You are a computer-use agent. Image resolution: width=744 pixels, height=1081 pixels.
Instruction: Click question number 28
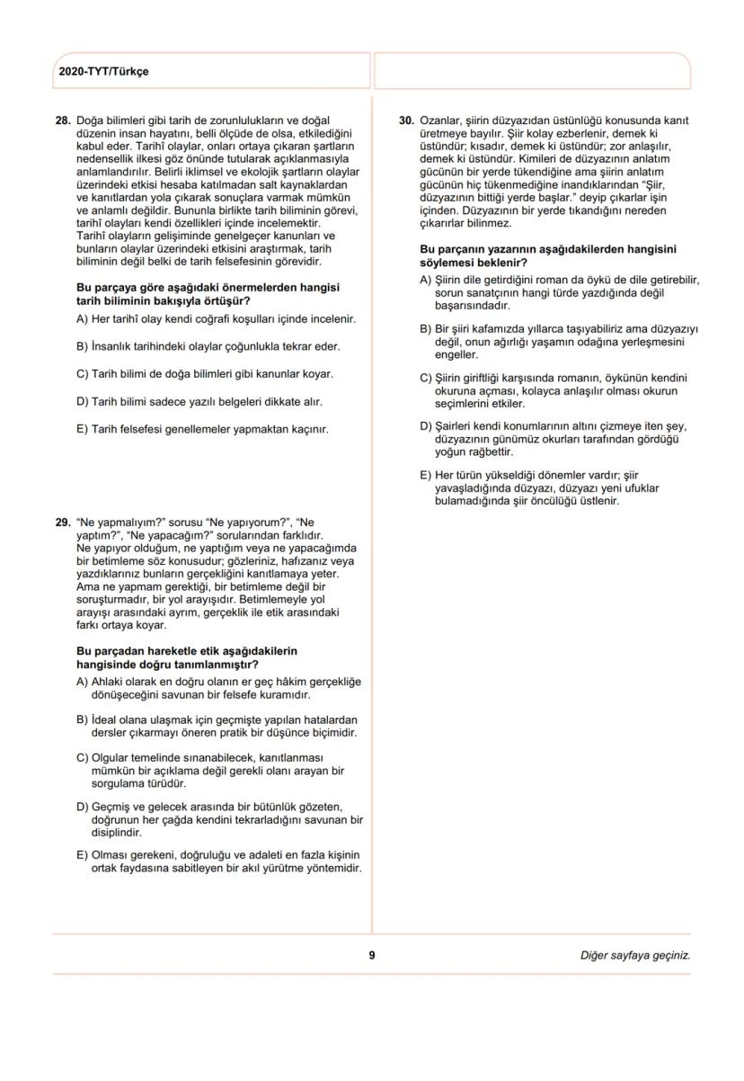coord(63,120)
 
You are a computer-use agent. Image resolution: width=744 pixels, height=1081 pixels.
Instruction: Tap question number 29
coord(63,521)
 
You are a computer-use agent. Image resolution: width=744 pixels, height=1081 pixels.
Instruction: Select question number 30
coord(405,120)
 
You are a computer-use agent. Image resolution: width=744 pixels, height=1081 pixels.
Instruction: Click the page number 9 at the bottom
coord(372,955)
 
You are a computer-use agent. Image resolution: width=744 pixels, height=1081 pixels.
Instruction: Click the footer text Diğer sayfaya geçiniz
coord(635,955)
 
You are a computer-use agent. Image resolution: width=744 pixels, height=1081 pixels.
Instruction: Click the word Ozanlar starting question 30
coord(442,120)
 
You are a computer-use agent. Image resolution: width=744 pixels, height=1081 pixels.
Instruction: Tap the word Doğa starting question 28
coord(92,120)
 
